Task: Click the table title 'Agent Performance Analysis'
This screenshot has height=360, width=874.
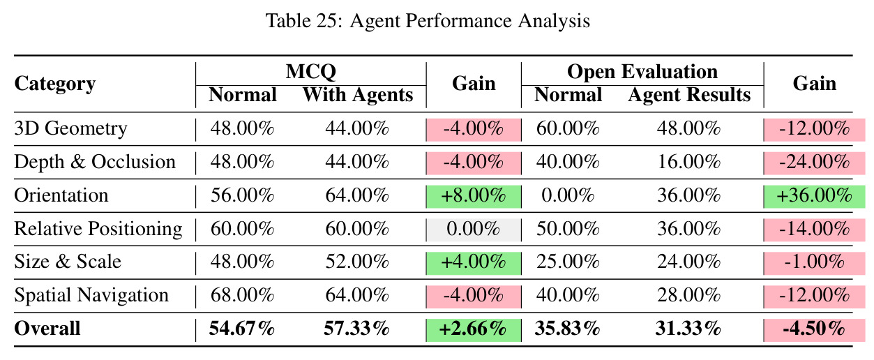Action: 469,21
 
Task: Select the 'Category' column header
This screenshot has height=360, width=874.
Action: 55,84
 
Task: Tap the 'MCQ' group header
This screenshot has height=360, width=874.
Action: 310,71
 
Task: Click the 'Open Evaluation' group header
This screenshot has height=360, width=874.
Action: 642,72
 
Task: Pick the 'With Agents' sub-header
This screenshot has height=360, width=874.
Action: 358,95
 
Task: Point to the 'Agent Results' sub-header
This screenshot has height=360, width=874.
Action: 689,95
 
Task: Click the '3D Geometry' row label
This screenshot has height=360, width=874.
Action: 70,128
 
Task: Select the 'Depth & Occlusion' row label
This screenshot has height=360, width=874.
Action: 95,162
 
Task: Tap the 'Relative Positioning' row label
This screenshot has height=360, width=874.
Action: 98,229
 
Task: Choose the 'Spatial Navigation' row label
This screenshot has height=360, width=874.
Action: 91,295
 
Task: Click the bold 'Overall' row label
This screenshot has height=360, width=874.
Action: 47,329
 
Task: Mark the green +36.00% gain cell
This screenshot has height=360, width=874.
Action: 814,196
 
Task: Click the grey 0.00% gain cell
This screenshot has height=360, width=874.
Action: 474,230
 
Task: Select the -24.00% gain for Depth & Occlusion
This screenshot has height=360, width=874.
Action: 814,163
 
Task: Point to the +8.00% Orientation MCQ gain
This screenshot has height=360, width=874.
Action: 474,196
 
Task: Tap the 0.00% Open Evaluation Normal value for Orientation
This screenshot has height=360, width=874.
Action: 568,195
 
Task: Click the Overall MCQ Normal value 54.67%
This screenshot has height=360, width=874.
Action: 242,329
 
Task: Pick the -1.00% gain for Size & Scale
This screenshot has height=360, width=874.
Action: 814,262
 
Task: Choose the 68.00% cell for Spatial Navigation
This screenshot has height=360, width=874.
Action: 242,295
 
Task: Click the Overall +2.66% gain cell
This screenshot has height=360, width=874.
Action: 474,329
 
